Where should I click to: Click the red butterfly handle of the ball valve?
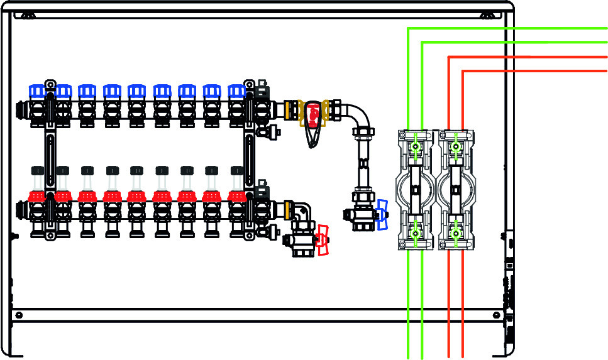coord(323,240)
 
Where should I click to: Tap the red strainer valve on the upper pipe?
coord(312,116)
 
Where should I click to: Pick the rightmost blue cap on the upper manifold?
coord(236,92)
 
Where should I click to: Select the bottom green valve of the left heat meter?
coord(415,234)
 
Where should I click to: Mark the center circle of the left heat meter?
coord(415,190)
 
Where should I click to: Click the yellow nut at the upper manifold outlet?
coord(290,108)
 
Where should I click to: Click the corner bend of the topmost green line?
coord(409,28)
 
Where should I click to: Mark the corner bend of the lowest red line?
coord(463,71)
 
